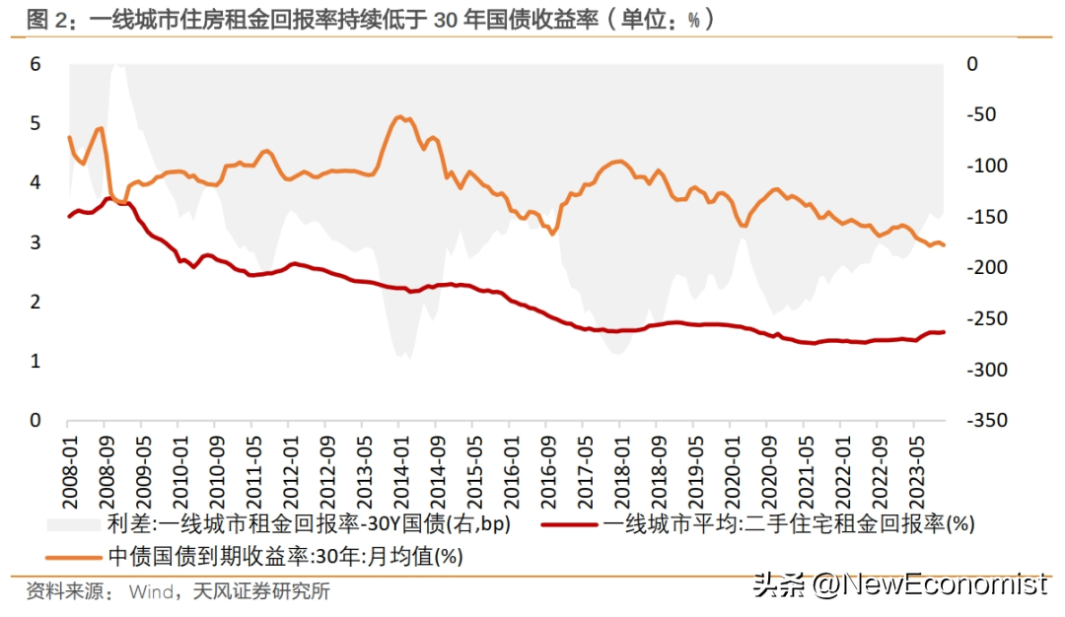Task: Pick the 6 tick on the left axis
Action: [35, 64]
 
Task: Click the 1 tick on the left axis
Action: [35, 362]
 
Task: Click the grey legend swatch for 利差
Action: [73, 524]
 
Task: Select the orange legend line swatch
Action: [73, 557]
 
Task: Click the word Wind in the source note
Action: [150, 591]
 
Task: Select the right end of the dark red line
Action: [944, 332]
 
